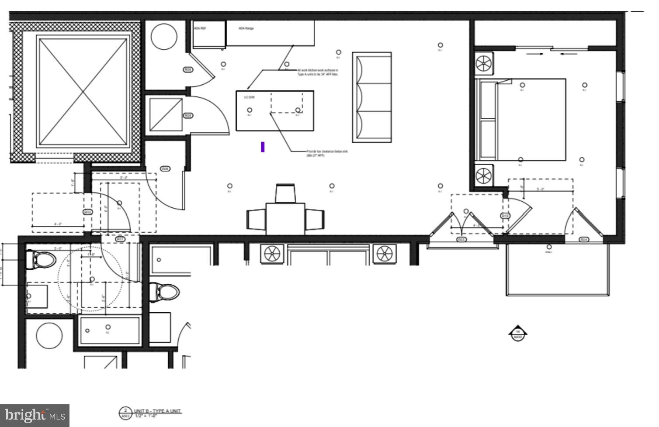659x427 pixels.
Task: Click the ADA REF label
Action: point(200,28)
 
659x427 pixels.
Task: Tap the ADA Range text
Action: point(246,28)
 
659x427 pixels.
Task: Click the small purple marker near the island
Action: point(263,147)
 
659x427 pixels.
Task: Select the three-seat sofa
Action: point(372,97)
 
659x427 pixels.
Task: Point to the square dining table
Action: point(285,218)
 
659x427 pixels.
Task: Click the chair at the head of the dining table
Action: point(286,193)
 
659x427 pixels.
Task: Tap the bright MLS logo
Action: point(35,415)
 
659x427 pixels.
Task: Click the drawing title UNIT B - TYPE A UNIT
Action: point(157,411)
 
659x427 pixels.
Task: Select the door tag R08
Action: point(165,169)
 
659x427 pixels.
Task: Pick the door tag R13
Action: point(505,216)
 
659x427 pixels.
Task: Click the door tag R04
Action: point(584,239)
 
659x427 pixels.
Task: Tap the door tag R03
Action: point(461,239)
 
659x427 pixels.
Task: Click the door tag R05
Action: point(188,69)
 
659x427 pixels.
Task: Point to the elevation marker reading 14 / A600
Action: point(518,334)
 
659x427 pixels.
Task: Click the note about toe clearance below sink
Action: point(327,153)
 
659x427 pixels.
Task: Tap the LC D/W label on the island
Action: point(249,97)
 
